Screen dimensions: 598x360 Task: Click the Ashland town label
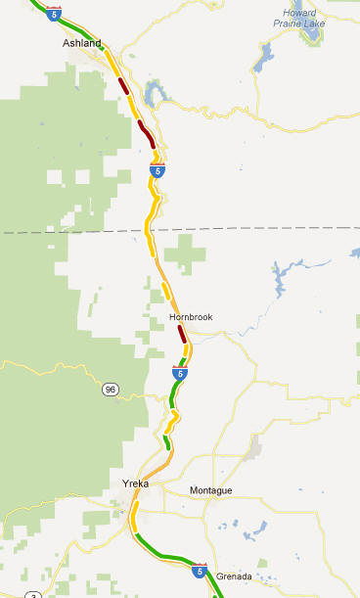[81, 43]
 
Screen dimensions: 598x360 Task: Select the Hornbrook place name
[190, 317]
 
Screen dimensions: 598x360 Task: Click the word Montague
[211, 489]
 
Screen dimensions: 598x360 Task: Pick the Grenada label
[235, 576]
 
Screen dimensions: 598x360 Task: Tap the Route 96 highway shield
[111, 390]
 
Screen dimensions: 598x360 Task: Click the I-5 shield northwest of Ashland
[53, 14]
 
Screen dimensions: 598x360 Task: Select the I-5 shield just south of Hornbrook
[179, 373]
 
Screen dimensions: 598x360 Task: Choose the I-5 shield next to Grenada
[200, 570]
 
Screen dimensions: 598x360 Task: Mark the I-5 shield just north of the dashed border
[157, 170]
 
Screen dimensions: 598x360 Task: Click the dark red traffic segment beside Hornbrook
[182, 334]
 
